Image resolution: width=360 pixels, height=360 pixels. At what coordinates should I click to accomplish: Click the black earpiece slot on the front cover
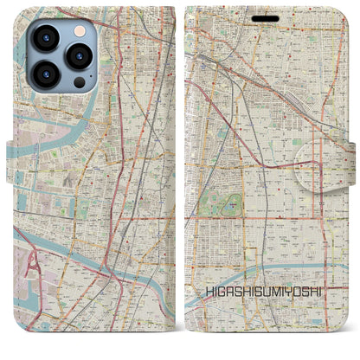pyautogui.click(x=266, y=17)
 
